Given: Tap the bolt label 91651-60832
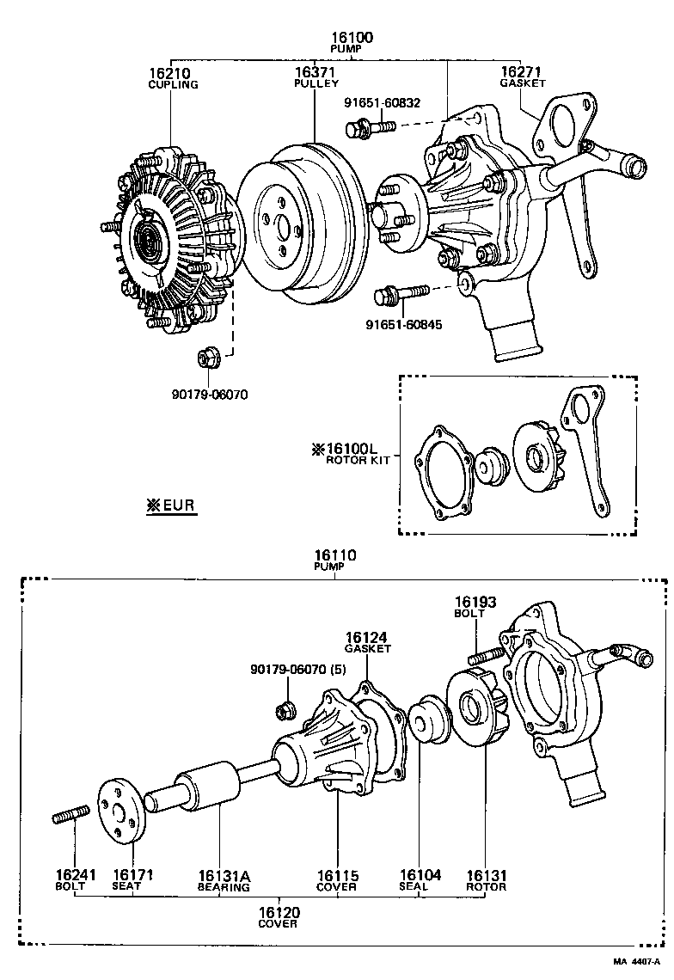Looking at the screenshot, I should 383,102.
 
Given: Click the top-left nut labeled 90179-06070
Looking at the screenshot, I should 209,395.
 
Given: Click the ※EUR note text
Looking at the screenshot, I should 171,505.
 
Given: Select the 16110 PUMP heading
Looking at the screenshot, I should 334,560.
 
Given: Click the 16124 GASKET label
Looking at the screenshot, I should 368,642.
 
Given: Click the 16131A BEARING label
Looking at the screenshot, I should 224,879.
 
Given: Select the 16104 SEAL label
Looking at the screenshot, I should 420,879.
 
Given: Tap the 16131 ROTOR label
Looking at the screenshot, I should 486,879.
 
